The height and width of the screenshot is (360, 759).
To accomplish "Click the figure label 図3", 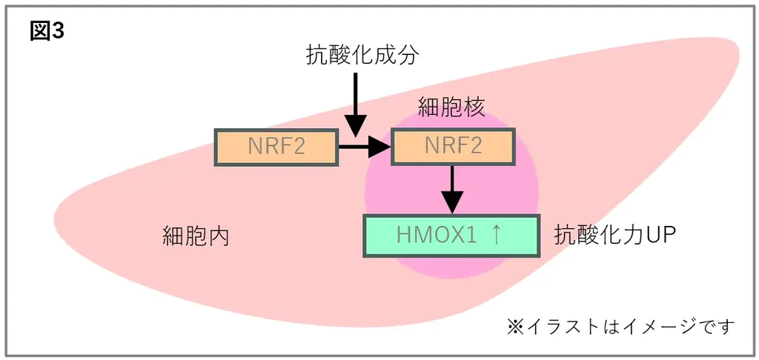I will pyautogui.click(x=47, y=32).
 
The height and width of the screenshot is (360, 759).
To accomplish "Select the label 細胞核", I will pyautogui.click(x=451, y=108).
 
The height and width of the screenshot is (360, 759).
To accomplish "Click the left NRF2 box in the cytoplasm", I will pyautogui.click(x=276, y=147).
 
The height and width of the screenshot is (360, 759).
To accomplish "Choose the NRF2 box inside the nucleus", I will pyautogui.click(x=452, y=147).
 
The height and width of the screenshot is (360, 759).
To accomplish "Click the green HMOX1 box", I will pyautogui.click(x=451, y=236).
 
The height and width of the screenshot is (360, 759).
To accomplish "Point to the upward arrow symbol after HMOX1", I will pyautogui.click(x=497, y=236).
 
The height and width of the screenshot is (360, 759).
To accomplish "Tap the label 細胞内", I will pyautogui.click(x=196, y=236).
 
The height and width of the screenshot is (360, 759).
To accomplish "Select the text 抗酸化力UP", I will pyautogui.click(x=614, y=236).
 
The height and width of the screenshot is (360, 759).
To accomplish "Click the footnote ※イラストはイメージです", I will pyautogui.click(x=621, y=326).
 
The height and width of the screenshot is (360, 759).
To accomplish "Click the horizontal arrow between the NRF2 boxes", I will pyautogui.click(x=364, y=147).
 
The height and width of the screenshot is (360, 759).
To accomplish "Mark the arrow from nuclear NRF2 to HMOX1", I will pyautogui.click(x=451, y=188).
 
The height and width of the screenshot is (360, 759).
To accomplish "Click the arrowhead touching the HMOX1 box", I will pyautogui.click(x=451, y=202).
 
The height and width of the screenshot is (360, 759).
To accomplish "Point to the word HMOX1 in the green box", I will pyautogui.click(x=434, y=236).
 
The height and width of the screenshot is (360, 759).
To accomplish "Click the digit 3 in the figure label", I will pyautogui.click(x=58, y=32).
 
